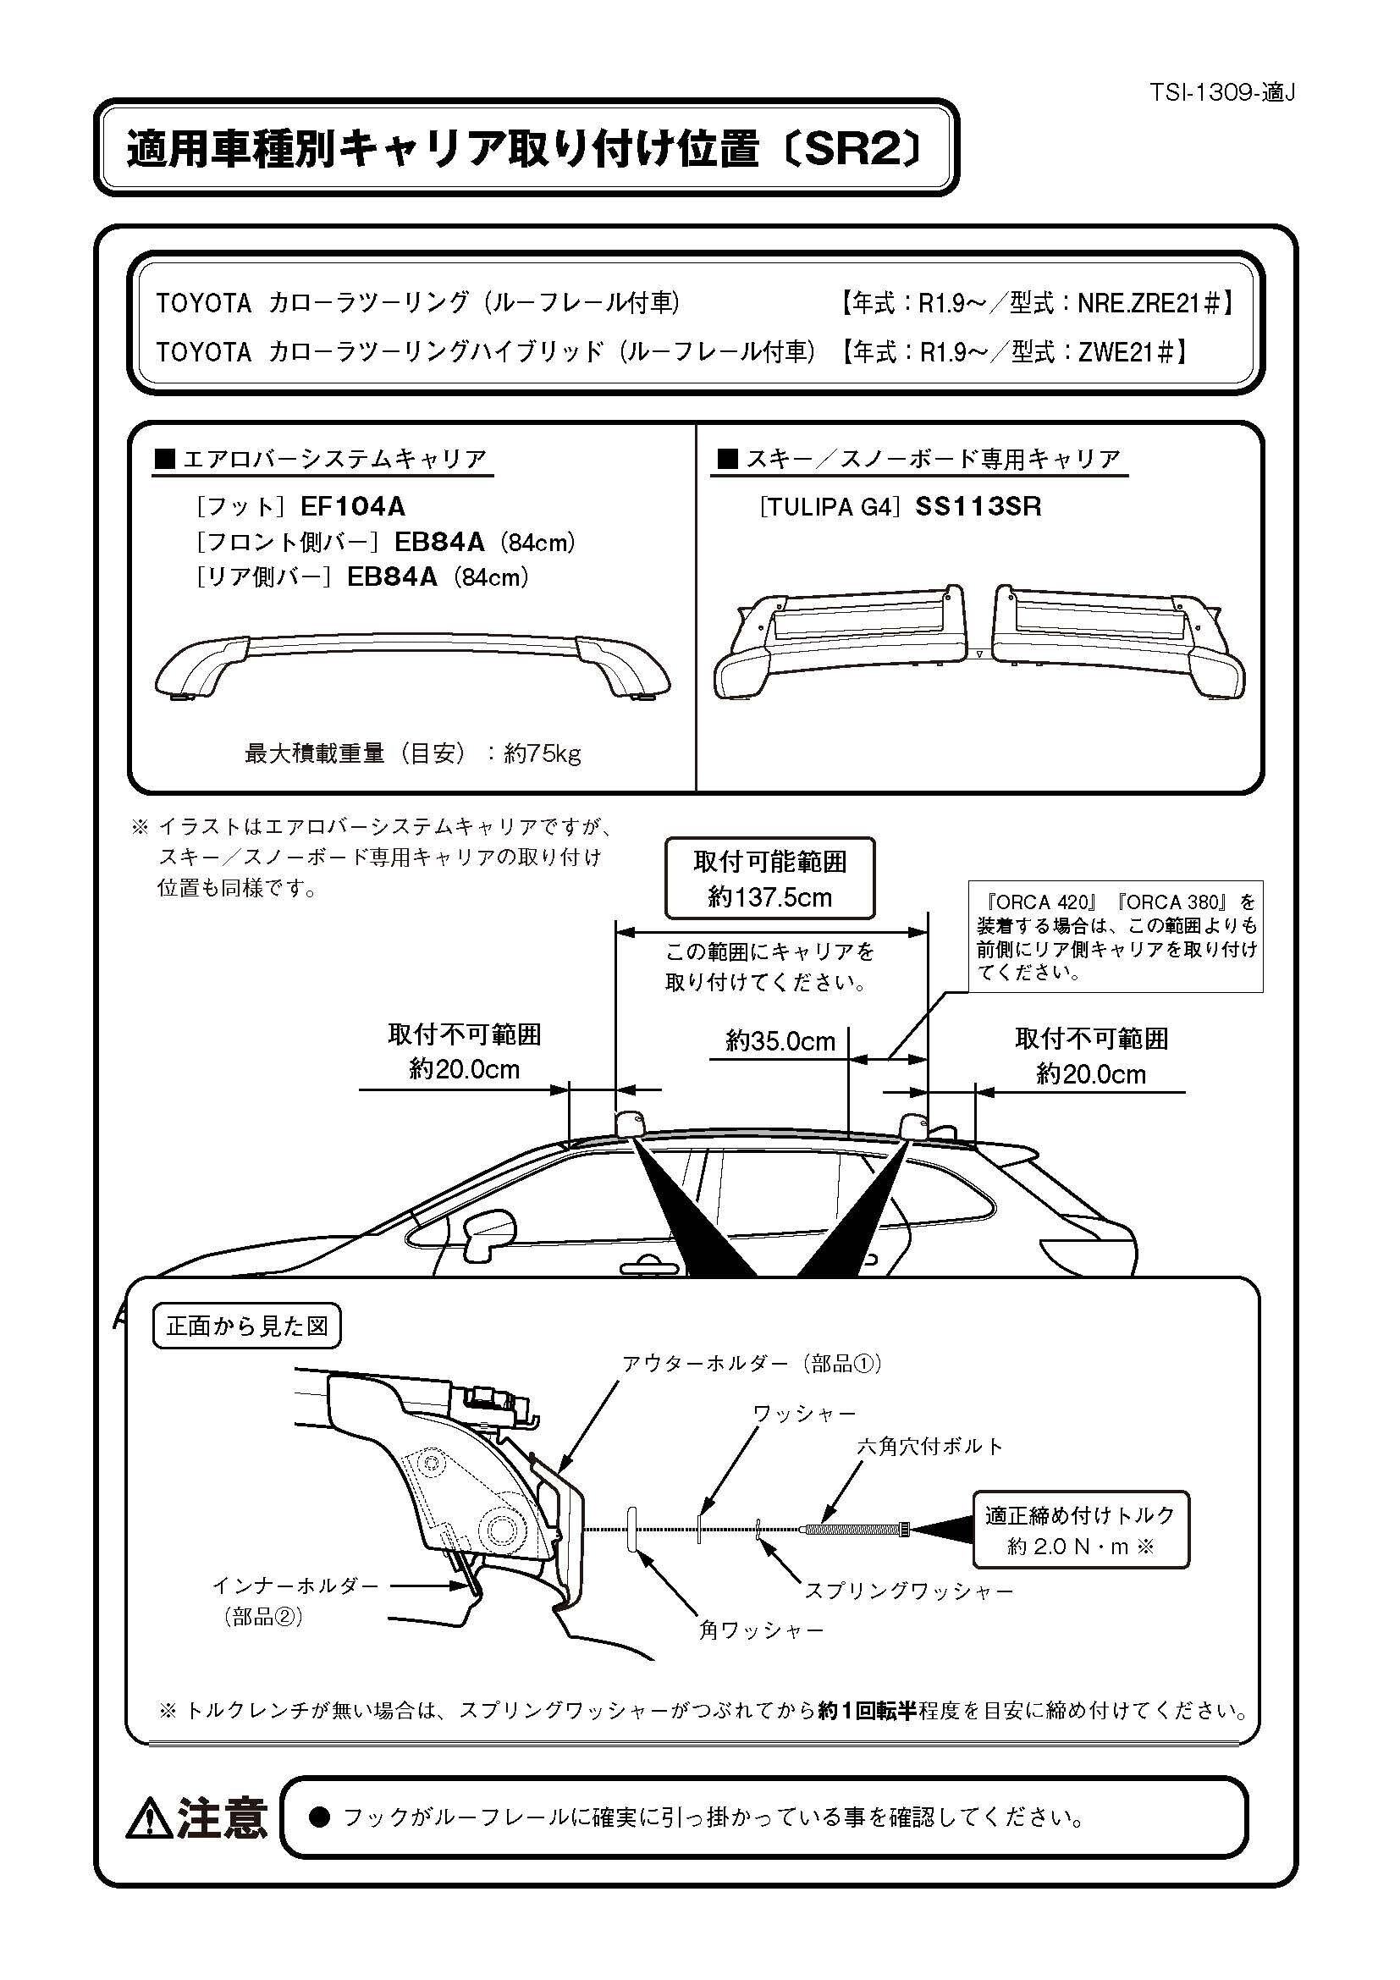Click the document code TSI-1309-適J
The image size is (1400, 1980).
1221,92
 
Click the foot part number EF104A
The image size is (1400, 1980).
353,506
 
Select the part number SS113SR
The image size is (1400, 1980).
978,506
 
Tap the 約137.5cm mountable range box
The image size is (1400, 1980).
769,879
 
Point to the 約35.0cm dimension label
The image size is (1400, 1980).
780,1042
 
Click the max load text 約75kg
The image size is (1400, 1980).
543,753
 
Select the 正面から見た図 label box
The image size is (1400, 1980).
246,1326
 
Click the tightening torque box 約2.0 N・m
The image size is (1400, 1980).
1080,1529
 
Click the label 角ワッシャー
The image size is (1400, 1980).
761,1630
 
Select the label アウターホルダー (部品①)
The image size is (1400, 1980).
752,1364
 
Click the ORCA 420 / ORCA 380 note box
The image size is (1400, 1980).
1116,935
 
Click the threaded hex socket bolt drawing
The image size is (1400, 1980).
852,1529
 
